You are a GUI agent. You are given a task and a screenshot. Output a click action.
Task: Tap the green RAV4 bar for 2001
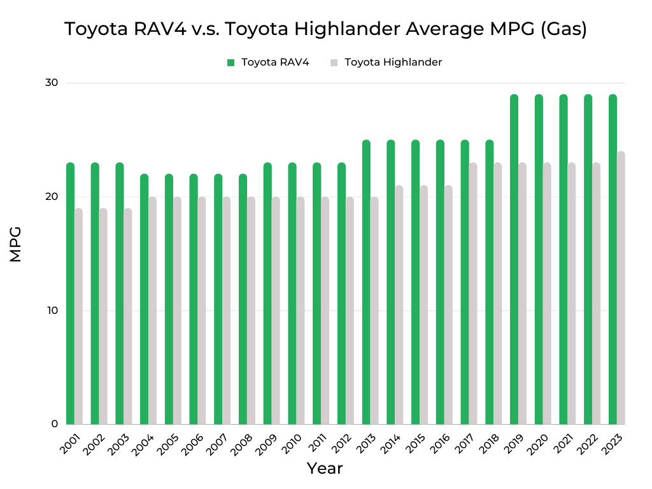pos(70,294)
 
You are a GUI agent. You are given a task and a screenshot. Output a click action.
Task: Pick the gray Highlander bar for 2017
pos(473,294)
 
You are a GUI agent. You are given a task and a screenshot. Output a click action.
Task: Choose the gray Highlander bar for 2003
pos(128,316)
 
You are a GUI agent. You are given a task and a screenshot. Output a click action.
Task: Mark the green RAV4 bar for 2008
pos(243,299)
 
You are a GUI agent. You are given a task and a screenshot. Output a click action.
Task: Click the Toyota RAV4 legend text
pos(275,62)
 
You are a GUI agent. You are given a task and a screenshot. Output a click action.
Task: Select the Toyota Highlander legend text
pos(393,62)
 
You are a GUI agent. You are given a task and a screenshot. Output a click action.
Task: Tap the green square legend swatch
pos(231,62)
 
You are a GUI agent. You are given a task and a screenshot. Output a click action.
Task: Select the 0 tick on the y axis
pos(54,424)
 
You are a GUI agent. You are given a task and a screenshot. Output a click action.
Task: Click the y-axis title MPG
pos(16,244)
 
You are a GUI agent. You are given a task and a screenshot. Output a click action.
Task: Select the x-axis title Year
pos(325,469)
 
